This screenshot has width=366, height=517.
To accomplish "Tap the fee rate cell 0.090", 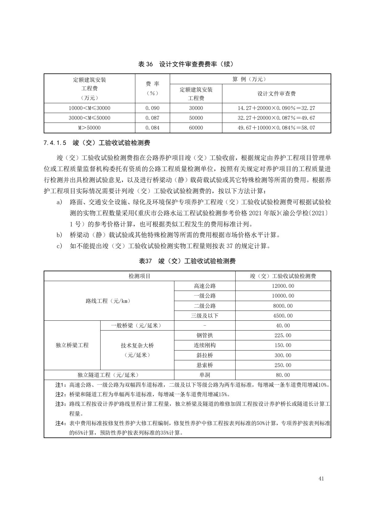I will [152, 108].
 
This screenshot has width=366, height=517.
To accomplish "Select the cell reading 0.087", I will [152, 118].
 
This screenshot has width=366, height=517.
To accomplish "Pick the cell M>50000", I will [90, 128].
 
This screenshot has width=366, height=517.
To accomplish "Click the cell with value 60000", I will [196, 128].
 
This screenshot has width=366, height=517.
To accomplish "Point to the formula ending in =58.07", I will [276, 128].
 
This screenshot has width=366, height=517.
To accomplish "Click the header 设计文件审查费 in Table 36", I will [276, 94].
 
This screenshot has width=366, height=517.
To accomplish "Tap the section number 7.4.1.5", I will [55, 143].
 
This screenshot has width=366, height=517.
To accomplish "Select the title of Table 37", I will [187, 261].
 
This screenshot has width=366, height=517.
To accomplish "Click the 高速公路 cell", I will [205, 286].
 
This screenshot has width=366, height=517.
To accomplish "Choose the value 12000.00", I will [283, 286].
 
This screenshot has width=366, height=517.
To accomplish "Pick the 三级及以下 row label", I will [205, 316].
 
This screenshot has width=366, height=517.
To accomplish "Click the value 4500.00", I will [283, 316].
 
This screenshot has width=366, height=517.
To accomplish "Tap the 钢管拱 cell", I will [205, 335].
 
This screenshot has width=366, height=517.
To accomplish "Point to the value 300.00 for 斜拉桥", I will [283, 355].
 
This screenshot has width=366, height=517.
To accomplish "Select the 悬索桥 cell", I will [205, 365].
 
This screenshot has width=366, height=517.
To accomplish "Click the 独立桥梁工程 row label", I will [72, 345].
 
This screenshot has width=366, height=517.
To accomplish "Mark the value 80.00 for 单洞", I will [283, 375].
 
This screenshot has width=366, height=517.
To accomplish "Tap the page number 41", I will [321, 479].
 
